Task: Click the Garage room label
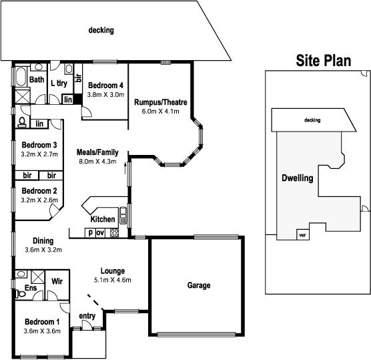point(198,285)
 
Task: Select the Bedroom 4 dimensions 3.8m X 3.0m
point(105,95)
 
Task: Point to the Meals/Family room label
point(96,152)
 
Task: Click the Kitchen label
point(102,220)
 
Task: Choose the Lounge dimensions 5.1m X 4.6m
point(113,279)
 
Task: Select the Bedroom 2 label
point(39,191)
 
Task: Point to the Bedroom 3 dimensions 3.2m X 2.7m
point(39,154)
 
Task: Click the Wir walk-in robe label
point(57,281)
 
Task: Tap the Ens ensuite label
point(31,288)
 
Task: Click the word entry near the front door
point(87,316)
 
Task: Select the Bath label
point(36,80)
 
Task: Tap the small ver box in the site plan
point(303,234)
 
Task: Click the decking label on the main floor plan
point(101,30)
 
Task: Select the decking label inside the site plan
point(312,120)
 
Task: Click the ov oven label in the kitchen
point(100,233)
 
